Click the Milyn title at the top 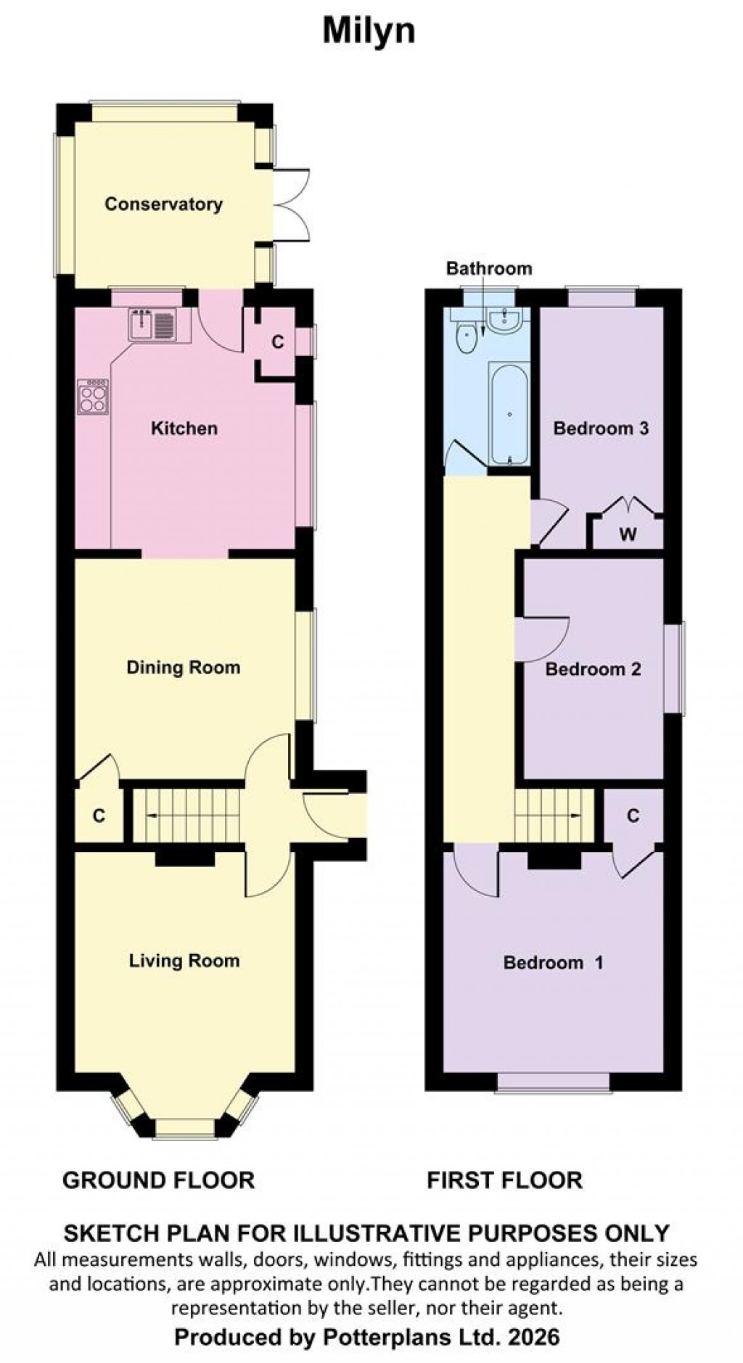[369, 32]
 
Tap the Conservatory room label [163, 204]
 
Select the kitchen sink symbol [152, 324]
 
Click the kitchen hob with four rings [92, 396]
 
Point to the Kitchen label [184, 428]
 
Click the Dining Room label [183, 668]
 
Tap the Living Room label [184, 961]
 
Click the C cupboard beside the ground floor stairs [99, 816]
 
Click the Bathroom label [488, 269]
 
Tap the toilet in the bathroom [465, 339]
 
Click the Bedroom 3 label [601, 428]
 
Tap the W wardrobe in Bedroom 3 [628, 535]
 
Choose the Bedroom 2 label [593, 669]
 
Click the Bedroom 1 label [553, 963]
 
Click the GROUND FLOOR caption [158, 1180]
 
